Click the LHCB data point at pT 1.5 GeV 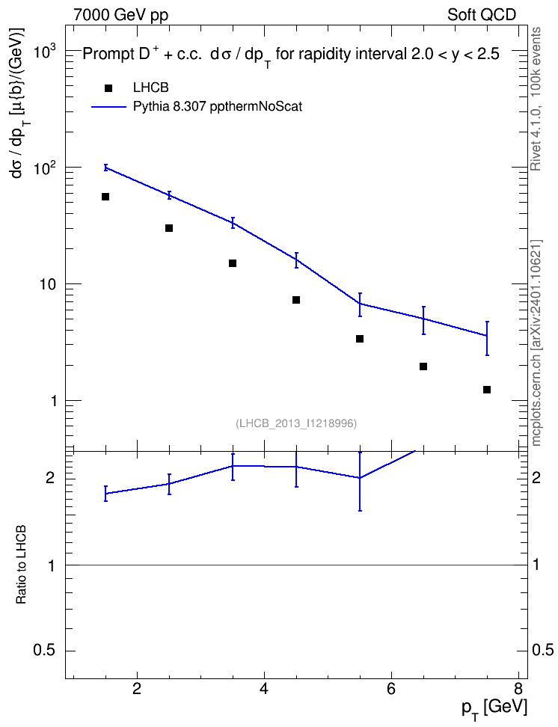coord(105,197)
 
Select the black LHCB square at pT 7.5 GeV coord(487,390)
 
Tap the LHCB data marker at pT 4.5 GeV coord(296,300)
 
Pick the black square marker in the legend coord(108,88)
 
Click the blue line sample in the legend coord(108,107)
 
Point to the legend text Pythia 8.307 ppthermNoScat coord(218,107)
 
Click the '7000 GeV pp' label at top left coord(120,15)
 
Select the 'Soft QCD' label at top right coord(482,15)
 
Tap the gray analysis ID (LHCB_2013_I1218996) coord(296,423)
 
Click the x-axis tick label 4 coord(264,689)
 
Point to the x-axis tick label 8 coord(518,689)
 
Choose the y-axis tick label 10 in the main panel coord(47,284)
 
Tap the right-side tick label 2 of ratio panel coord(536,478)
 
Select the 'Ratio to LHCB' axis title coord(21,565)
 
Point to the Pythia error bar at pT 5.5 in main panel coord(360,304)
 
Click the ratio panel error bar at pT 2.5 coord(169,484)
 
